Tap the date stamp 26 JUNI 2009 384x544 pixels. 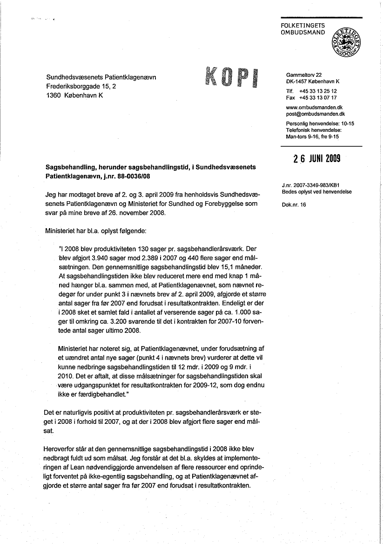tap(317, 158)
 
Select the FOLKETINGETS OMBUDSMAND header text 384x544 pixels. tap(303, 29)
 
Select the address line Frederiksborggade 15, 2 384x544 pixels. tap(81, 86)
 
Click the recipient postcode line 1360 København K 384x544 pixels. tap(74, 95)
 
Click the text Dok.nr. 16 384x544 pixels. tap(294, 204)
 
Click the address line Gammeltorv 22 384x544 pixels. tap(303, 75)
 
